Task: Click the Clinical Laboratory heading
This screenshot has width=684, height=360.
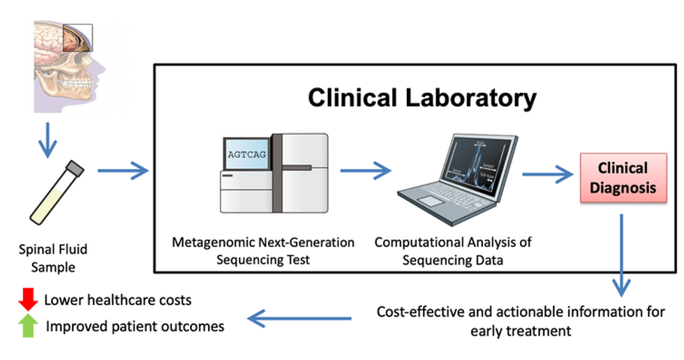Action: click(422, 98)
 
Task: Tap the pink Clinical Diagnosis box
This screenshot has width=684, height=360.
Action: click(623, 178)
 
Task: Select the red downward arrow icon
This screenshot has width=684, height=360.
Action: click(28, 299)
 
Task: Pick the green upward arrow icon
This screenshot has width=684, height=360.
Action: click(28, 325)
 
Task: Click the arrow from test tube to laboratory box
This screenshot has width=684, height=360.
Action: click(123, 170)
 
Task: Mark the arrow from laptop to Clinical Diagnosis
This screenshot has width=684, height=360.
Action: click(547, 175)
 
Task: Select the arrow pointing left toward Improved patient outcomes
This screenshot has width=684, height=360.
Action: click(300, 320)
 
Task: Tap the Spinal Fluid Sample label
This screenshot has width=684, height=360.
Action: click(53, 257)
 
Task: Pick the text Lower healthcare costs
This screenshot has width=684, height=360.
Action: click(118, 300)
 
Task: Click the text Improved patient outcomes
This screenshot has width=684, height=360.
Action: click(135, 326)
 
